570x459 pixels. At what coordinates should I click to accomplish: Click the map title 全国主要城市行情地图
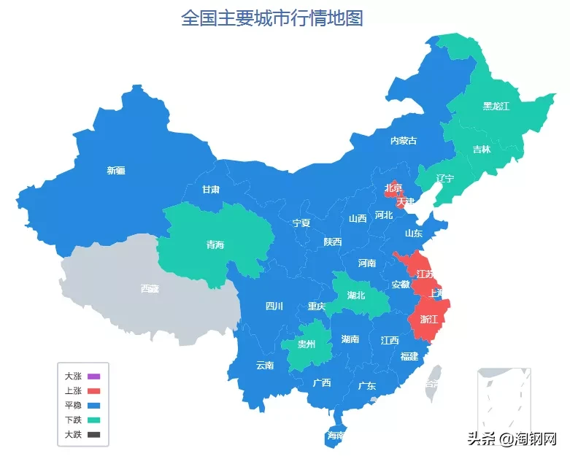[x=271, y=18]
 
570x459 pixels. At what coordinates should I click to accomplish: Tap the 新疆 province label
[x=116, y=171]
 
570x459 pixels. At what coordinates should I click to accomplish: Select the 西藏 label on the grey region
[x=149, y=288]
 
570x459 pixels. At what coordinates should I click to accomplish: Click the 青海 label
[x=215, y=245]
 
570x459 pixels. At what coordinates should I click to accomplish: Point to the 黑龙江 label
[x=496, y=106]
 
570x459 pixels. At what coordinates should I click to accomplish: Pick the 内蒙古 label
[x=404, y=140]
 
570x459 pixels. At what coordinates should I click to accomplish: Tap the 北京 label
[x=393, y=188]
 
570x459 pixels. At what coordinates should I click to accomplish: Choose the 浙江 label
[x=428, y=320]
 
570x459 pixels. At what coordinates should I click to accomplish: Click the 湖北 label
[x=356, y=296]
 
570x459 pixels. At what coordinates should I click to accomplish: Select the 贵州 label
[x=307, y=344]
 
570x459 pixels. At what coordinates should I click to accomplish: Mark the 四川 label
[x=274, y=306]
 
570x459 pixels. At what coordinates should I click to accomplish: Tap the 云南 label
[x=265, y=365]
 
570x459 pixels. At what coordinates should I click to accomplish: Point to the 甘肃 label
[x=211, y=189]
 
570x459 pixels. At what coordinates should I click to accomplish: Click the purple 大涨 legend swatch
[x=93, y=377]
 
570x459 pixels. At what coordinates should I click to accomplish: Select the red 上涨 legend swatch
[x=93, y=391]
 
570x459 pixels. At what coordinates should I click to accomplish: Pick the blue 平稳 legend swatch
[x=93, y=405]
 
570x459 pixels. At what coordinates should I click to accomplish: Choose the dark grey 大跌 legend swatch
[x=93, y=434]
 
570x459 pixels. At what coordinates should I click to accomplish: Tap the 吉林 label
[x=481, y=150]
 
